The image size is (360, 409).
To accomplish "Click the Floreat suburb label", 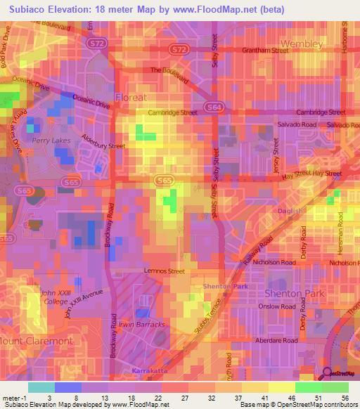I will (x=132, y=97).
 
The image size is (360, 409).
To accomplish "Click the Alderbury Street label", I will (x=103, y=142).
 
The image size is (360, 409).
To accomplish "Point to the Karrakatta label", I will (x=148, y=369).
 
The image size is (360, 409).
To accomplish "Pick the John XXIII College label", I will (x=55, y=298).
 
